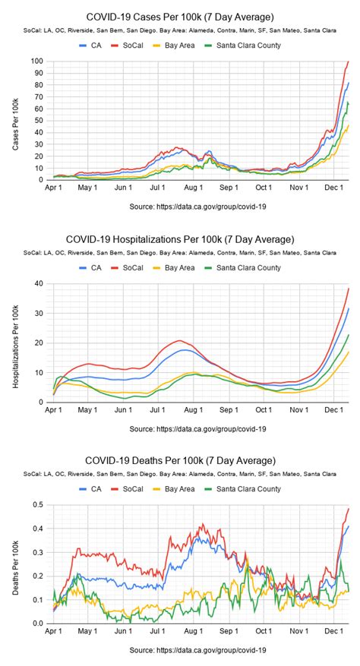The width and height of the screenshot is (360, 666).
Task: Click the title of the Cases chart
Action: [180, 17]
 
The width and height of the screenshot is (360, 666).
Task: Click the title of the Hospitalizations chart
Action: [180, 239]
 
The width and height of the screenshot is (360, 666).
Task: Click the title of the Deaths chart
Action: [180, 461]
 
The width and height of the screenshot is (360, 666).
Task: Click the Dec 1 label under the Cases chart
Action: [331, 188]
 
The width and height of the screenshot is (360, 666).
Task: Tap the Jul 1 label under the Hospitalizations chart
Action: [159, 410]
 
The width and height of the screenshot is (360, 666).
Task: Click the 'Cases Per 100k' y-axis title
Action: [15, 120]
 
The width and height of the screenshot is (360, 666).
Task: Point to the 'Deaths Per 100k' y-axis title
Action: [15, 564]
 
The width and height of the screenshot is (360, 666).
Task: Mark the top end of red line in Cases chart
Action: [348, 62]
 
